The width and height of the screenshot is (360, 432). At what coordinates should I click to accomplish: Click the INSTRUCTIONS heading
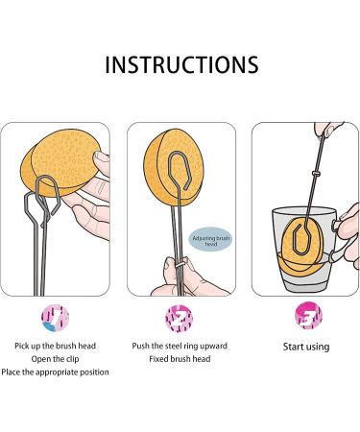point(181,65)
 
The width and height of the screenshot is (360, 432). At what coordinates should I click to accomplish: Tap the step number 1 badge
point(55,318)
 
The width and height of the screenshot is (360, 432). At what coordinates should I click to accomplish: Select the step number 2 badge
point(180,318)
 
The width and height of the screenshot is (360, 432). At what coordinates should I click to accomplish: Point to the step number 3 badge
point(308,316)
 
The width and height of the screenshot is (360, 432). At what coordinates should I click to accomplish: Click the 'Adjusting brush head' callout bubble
point(211,239)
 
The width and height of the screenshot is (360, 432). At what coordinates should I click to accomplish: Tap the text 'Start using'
point(306,347)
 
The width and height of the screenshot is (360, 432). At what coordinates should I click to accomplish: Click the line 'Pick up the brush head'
point(55,346)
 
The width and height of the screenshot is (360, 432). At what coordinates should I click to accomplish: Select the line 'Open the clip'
point(55,359)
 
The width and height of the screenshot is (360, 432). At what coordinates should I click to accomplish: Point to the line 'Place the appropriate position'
point(55,372)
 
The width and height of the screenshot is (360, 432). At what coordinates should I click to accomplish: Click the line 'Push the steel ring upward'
point(180,346)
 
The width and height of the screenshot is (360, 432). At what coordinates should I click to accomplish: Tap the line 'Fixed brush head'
point(180,359)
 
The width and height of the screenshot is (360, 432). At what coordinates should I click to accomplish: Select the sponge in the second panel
point(174,166)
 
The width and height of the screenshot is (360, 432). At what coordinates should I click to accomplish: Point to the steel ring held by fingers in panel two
point(180,265)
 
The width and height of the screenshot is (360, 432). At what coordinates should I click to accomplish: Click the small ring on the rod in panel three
point(316,173)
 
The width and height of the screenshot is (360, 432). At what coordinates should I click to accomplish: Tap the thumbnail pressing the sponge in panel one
point(102,156)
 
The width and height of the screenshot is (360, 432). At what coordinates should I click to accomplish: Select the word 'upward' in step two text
point(214,347)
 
